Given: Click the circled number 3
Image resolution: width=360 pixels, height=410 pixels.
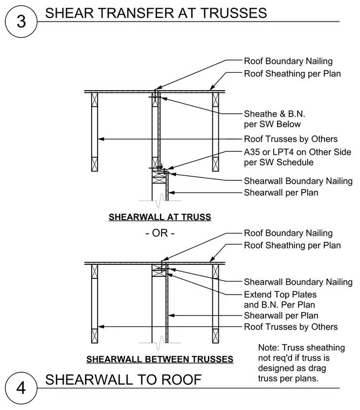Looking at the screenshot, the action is (21, 22).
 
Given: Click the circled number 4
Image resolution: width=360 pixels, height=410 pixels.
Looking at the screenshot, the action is (21, 388).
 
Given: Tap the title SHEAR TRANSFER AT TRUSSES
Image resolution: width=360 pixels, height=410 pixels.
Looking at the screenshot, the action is (156, 13).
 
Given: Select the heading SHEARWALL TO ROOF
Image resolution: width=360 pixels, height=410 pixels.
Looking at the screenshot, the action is (123, 380).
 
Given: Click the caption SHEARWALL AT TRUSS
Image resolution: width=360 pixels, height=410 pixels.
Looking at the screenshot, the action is (160, 217).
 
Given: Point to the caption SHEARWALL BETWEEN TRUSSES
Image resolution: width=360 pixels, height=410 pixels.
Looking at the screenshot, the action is (160, 359).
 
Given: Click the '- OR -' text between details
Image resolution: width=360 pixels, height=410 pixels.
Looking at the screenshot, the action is (160, 233).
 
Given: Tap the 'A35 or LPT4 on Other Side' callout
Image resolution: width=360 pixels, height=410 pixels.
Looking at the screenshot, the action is (297, 152).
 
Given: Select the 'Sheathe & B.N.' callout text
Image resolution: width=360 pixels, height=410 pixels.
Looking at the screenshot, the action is (274, 114).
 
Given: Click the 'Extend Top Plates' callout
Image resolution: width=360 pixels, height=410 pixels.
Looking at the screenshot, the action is (280, 295).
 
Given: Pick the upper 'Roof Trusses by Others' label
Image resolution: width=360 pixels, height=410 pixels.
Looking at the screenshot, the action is (291, 139).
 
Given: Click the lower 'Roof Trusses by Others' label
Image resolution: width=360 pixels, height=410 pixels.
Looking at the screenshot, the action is (291, 326).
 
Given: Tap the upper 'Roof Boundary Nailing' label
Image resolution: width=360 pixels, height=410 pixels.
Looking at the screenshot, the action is (288, 61).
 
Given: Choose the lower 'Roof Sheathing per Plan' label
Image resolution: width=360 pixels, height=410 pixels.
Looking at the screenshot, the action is (292, 245).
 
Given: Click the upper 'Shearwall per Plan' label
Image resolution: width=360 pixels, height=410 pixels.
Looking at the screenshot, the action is (281, 193).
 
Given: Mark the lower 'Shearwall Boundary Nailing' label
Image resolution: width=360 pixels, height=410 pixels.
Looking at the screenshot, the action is (299, 282).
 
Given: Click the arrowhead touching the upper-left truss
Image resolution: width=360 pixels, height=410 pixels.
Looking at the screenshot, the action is (101, 139).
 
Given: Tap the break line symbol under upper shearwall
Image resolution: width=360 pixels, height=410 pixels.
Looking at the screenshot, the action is (160, 201).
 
